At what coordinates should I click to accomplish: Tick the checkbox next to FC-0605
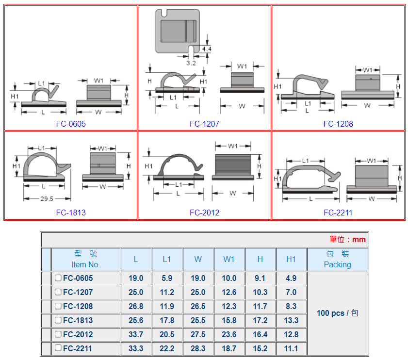click(x=58, y=278)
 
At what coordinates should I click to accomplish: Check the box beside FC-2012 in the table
click(x=58, y=334)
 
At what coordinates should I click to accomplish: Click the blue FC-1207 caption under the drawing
click(x=205, y=124)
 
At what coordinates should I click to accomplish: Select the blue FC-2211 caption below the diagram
click(x=338, y=213)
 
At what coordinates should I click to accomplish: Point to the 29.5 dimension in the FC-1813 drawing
click(x=47, y=199)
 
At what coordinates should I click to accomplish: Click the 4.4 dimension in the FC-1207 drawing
click(x=207, y=49)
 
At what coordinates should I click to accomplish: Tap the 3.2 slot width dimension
click(x=191, y=63)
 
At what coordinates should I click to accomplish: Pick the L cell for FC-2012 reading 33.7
click(x=136, y=334)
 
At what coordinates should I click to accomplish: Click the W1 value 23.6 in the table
click(x=229, y=334)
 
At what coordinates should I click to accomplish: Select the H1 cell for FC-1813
click(x=291, y=320)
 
